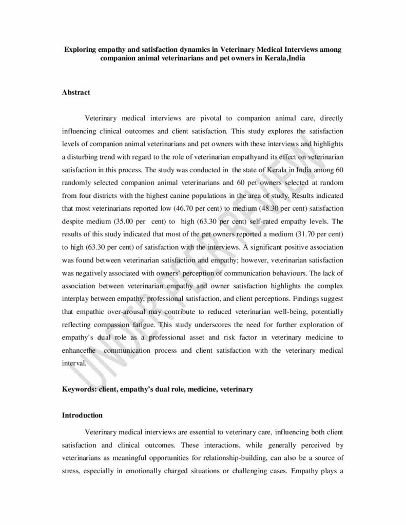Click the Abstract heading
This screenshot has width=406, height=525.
click(76, 92)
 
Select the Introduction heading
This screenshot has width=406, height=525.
click(82, 414)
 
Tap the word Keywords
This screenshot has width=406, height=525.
click(78, 390)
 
